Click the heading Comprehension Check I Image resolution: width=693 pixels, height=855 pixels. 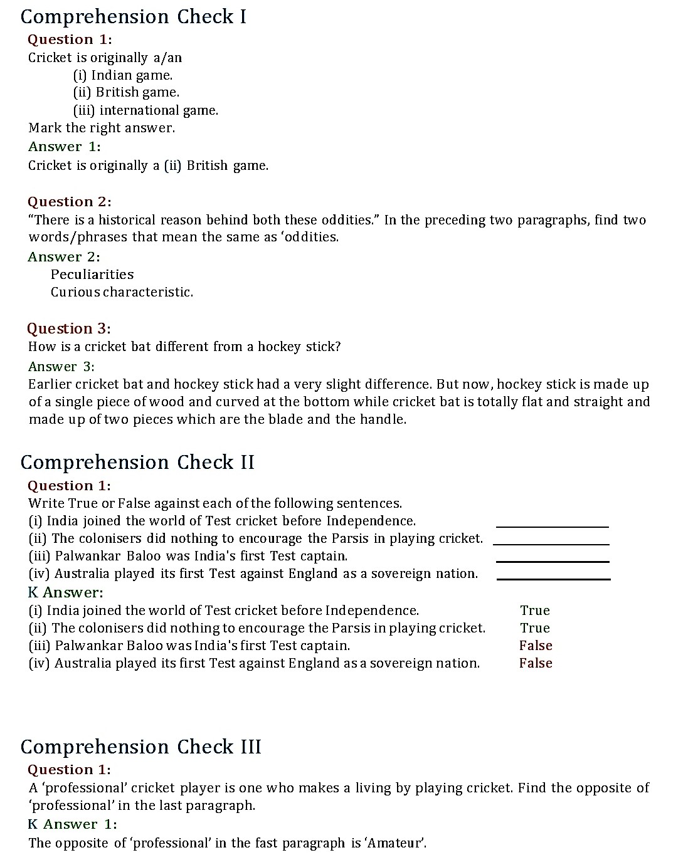(x=133, y=17)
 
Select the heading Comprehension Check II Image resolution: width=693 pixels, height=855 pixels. (x=137, y=463)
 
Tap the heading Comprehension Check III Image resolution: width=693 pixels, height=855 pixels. (x=140, y=747)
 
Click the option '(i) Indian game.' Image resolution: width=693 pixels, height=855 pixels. (x=123, y=75)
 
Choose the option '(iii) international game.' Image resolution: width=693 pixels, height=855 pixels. (x=146, y=110)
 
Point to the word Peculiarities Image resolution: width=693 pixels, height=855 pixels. (x=92, y=275)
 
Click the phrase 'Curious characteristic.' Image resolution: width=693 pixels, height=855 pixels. (x=122, y=292)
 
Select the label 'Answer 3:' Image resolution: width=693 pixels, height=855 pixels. (x=61, y=367)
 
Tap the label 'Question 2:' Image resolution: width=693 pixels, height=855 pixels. (x=69, y=202)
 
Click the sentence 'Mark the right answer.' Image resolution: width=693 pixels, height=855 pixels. (x=102, y=128)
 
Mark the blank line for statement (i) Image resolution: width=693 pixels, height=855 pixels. (x=552, y=526)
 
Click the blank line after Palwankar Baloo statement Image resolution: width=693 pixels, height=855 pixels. (x=552, y=561)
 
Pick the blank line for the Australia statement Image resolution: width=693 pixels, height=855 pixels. (x=553, y=579)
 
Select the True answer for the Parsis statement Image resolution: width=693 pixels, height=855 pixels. (x=534, y=628)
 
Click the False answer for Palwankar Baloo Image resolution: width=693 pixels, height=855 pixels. (x=536, y=646)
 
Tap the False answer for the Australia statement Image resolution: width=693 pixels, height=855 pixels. (x=536, y=663)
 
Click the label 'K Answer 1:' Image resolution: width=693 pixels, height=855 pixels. (x=72, y=824)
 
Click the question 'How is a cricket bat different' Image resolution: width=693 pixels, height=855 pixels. (x=184, y=347)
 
